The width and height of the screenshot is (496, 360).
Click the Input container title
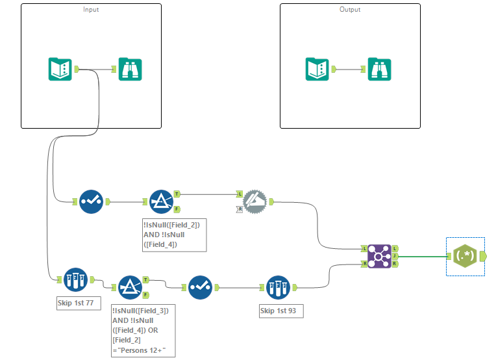pos(91,10)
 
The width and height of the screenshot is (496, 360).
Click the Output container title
pos(350,10)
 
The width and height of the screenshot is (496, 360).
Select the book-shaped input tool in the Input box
pos(60,69)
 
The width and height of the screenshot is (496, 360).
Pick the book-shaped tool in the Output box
pos(317,69)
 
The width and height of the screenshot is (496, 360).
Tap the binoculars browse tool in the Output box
pos(380,69)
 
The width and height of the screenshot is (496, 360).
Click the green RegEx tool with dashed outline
pos(465,257)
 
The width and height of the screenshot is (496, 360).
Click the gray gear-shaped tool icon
pos(254,201)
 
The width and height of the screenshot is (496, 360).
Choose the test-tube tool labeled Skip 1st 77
pos(75,279)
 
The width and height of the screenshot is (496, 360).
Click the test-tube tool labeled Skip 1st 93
pos(279,287)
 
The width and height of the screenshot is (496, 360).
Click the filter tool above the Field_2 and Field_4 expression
pos(161,201)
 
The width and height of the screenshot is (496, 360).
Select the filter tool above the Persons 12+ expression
pos(130,287)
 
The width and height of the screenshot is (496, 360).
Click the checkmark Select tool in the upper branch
pos(91,201)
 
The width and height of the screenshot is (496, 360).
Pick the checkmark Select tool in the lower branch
pos(200,287)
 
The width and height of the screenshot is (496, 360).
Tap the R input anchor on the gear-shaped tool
pos(240,209)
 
